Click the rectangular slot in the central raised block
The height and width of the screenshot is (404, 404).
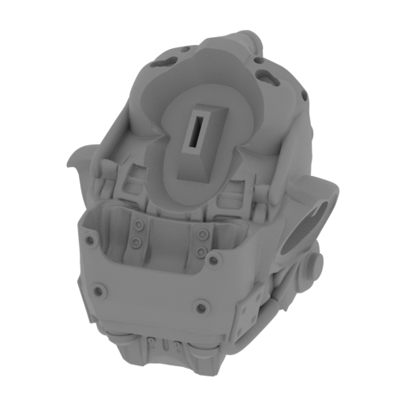point(194,130)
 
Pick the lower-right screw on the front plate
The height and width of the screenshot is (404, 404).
point(202,307)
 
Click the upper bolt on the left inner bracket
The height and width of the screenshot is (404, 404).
point(139,226)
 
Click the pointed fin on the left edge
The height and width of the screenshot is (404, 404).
point(73,161)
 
